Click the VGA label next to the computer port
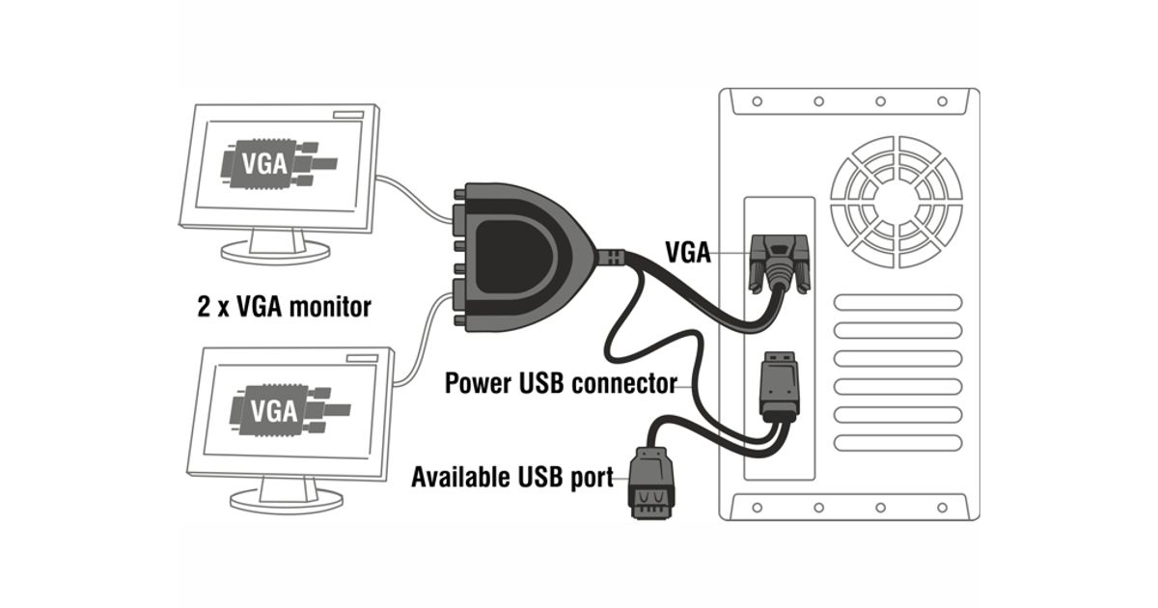point(688,254)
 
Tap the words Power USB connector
point(561,383)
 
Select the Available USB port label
point(512,477)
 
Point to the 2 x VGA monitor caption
point(284,308)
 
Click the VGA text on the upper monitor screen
point(263,162)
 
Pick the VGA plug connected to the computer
point(778,263)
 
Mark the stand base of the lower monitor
point(288,499)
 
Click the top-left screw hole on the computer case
point(757,100)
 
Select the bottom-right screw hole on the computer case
point(942,506)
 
